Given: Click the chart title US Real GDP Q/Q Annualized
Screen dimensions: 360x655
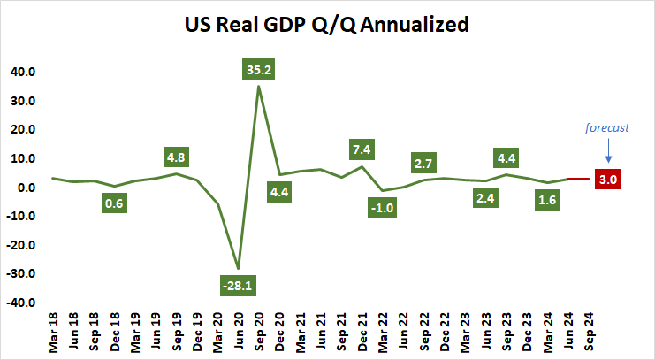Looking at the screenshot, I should click(x=326, y=26).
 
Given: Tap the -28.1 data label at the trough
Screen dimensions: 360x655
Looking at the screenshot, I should click(x=237, y=286).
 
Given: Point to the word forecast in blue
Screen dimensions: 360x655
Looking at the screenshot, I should click(x=607, y=127).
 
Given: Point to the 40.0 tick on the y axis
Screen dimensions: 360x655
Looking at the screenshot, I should click(x=23, y=72).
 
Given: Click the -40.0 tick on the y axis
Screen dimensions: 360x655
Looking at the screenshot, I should click(x=21, y=303).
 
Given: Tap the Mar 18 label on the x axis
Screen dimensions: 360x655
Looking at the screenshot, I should click(x=54, y=332).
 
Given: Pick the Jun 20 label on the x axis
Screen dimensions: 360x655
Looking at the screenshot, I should click(x=238, y=332).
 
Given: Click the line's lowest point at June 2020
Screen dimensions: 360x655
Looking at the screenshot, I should click(x=237, y=267).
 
